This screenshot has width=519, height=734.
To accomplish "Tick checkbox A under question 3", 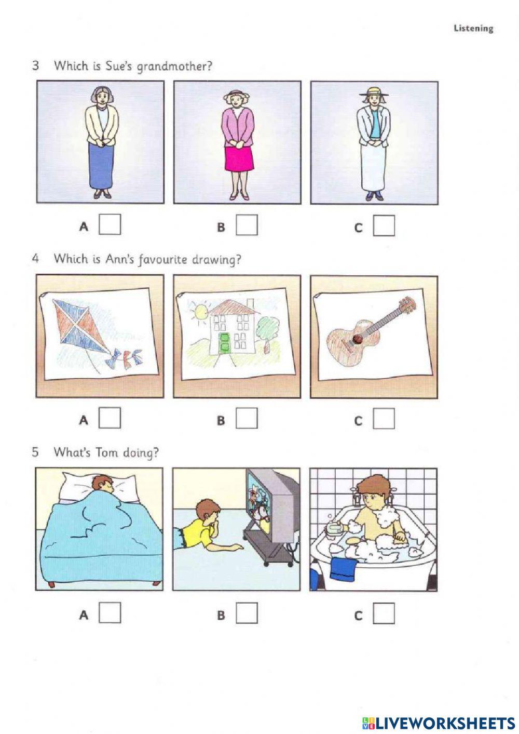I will click(x=110, y=224).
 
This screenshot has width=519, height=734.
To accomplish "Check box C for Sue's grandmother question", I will click(x=384, y=225).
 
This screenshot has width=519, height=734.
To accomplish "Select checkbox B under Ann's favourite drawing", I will click(x=247, y=418).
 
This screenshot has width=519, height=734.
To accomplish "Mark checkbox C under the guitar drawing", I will click(x=384, y=419).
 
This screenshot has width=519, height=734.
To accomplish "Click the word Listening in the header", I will click(x=473, y=29).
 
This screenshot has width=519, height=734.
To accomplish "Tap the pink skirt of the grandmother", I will click(x=238, y=159).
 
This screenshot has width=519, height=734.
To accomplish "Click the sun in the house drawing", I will click(x=199, y=312).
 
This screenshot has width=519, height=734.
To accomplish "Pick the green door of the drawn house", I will click(x=224, y=344).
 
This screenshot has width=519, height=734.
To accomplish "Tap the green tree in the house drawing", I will click(x=268, y=330).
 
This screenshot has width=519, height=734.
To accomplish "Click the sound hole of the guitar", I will click(x=358, y=340).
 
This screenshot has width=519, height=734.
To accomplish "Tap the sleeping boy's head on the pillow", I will click(x=103, y=484).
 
